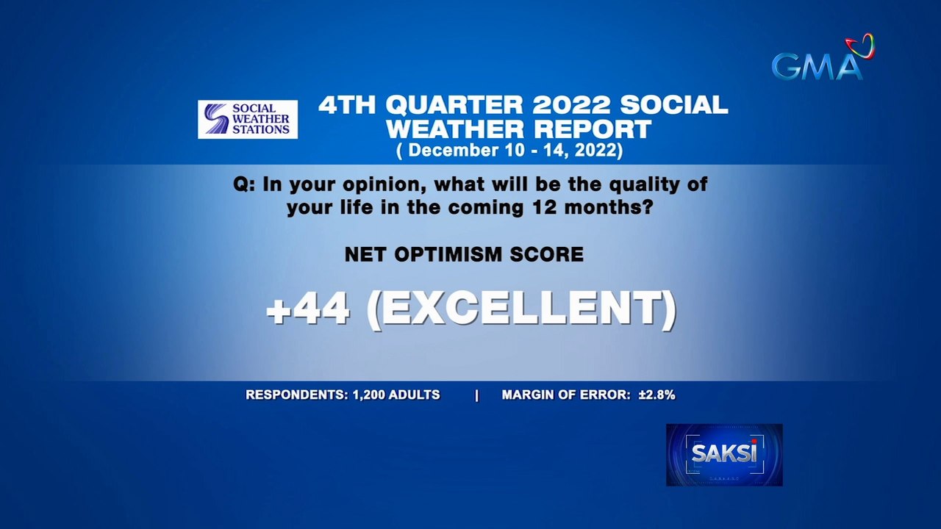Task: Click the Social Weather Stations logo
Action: [x=248, y=119]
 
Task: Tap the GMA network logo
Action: [x=817, y=66]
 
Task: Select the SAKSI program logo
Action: [x=724, y=454]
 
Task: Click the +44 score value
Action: [x=308, y=310]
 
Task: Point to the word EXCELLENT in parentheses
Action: [x=520, y=310]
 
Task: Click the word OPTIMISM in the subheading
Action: [x=446, y=255]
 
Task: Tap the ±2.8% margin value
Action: [x=656, y=395]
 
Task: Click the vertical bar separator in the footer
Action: [x=476, y=395]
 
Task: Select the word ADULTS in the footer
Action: [x=415, y=395]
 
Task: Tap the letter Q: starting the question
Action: [x=245, y=184]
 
